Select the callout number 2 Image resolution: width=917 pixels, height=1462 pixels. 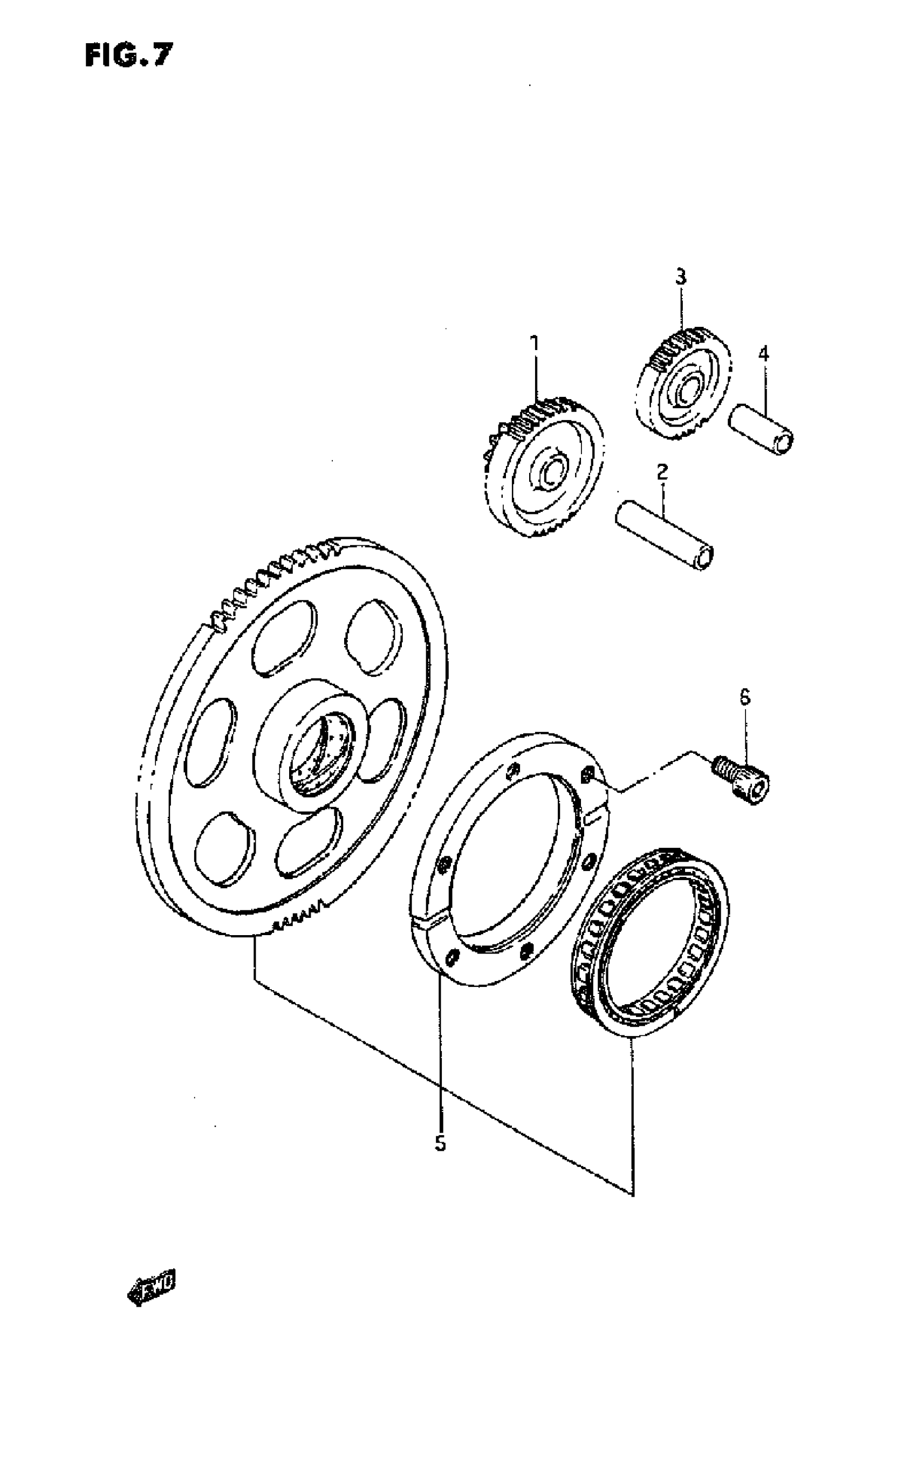pyautogui.click(x=662, y=471)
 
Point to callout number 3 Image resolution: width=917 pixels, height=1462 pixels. pyautogui.click(x=681, y=278)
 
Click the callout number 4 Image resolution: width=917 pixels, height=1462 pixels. pyautogui.click(x=764, y=354)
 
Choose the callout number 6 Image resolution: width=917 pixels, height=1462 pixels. pyautogui.click(x=745, y=698)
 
